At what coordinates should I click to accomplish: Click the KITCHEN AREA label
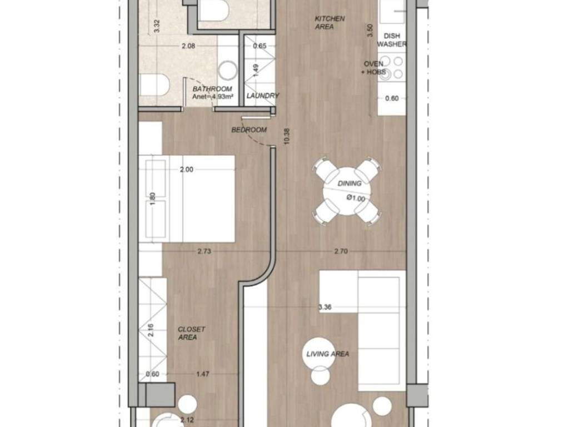pos(330,22)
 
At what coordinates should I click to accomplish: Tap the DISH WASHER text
pos(392,40)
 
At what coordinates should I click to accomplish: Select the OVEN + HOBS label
pos(373,68)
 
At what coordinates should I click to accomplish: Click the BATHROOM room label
pos(212,89)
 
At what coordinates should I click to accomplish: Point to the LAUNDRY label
pos(263,96)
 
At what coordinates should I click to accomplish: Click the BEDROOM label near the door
pos(249,130)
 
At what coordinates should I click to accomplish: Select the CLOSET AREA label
pos(191,333)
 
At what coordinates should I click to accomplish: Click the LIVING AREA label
pos(328,354)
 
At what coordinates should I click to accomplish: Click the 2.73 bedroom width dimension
pos(204,251)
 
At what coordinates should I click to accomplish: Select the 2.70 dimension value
pos(341,251)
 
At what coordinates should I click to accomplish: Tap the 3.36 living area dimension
pos(325,307)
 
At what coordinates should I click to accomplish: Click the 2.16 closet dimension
pos(151,330)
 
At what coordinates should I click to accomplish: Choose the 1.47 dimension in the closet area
pos(202,374)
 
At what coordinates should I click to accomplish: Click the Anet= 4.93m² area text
pos(213,97)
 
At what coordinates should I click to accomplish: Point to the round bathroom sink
pos(228,70)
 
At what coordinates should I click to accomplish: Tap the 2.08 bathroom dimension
pos(188,46)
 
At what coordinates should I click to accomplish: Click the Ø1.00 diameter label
pos(356,198)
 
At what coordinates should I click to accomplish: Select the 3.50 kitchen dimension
pos(370,31)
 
